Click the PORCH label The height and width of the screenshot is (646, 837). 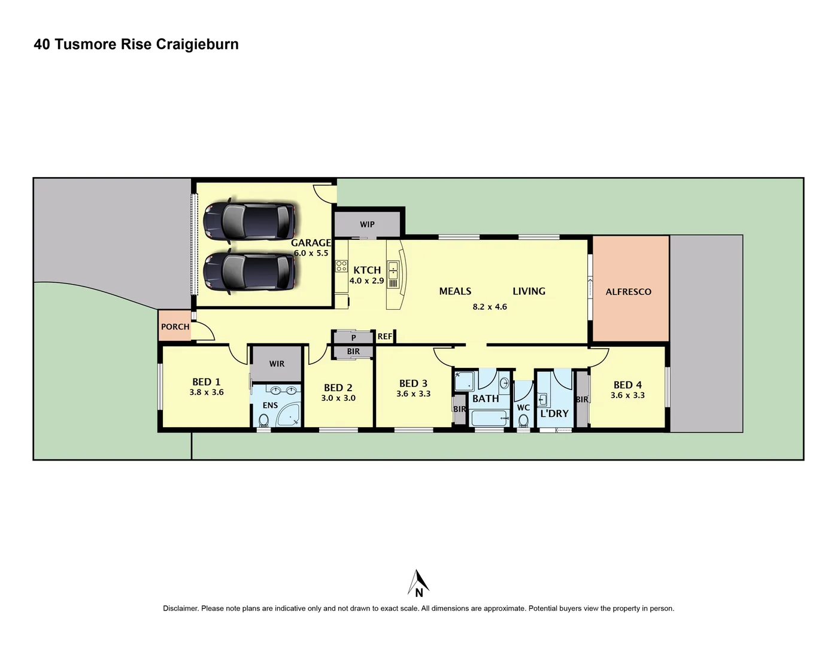175,327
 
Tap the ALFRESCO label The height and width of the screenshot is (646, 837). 628,292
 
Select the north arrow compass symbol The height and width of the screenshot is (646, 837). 419,583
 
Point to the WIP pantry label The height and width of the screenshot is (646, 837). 367,224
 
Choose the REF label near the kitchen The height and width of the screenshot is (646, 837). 384,337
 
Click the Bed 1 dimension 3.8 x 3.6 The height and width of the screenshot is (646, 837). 206,392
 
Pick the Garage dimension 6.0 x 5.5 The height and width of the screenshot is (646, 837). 311,253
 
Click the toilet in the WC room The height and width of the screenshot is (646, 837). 523,420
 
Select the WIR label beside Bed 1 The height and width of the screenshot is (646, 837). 277,364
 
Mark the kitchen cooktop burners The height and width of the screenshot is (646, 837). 341,266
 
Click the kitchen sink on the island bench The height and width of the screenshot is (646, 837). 393,270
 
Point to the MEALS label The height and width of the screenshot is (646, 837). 455,291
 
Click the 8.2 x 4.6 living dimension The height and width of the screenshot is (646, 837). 489,307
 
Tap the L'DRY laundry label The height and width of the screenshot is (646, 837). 554,413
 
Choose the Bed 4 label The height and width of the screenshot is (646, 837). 627,385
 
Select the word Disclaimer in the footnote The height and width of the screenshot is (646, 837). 180,608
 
